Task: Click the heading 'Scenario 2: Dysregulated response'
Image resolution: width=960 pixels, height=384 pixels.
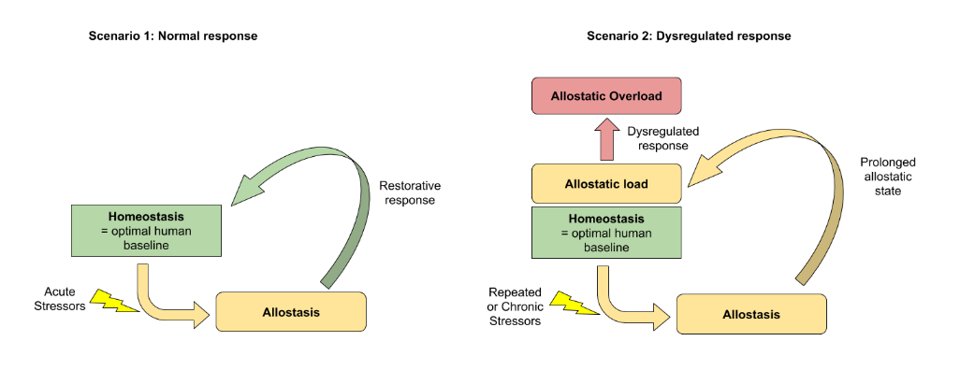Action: (689, 36)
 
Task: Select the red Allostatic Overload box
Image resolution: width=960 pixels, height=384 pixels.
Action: (606, 96)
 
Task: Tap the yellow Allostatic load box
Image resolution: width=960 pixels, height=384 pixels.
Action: (606, 184)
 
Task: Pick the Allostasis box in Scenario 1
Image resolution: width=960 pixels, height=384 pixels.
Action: (291, 311)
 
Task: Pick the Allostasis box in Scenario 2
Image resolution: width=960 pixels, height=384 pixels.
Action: (750, 314)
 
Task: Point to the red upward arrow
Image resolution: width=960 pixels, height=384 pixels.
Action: (605, 138)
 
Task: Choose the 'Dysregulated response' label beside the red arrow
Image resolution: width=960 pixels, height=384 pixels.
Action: (662, 139)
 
